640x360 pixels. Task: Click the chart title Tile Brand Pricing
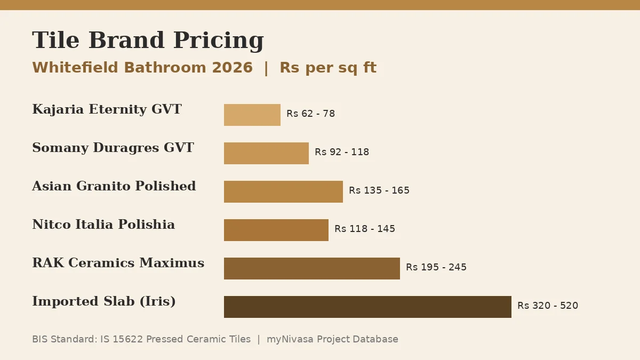[x=148, y=41]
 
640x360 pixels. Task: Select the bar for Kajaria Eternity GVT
[x=252, y=115]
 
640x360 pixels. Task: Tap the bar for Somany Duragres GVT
[x=266, y=153]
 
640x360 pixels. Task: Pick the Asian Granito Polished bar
[x=283, y=191]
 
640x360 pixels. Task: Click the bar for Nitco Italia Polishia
[x=276, y=230]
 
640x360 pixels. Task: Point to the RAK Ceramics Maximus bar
[x=312, y=269]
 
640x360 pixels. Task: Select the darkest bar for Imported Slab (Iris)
[x=367, y=307]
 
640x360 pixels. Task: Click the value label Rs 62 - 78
[x=310, y=114]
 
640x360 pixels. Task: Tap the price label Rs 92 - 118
[x=342, y=152]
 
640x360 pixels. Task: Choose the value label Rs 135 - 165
[x=379, y=190]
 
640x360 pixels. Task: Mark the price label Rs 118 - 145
[x=365, y=229]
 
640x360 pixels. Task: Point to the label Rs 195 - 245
[x=436, y=267]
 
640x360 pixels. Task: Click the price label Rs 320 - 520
[x=548, y=306]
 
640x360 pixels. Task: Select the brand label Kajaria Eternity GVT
[x=107, y=109]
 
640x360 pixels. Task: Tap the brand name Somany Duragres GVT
[x=113, y=148]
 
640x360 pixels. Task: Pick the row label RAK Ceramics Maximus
[x=118, y=263]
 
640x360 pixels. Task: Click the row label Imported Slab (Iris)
[x=103, y=301]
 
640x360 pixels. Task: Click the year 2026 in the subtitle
[x=233, y=68]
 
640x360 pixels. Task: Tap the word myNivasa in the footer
[x=290, y=339]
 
